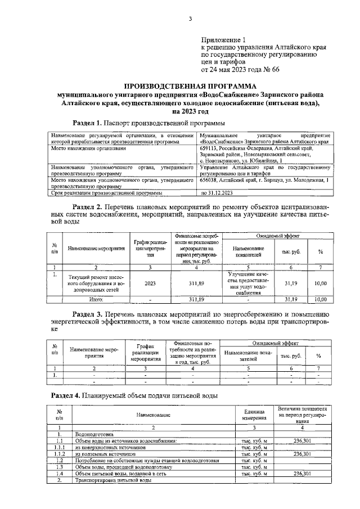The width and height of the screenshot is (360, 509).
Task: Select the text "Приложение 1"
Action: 224,40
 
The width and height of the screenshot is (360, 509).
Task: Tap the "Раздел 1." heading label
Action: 87,123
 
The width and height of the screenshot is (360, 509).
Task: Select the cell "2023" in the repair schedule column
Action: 150,283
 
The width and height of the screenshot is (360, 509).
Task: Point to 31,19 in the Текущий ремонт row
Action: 291,283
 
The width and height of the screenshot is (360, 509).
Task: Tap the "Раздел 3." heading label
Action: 87,313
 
